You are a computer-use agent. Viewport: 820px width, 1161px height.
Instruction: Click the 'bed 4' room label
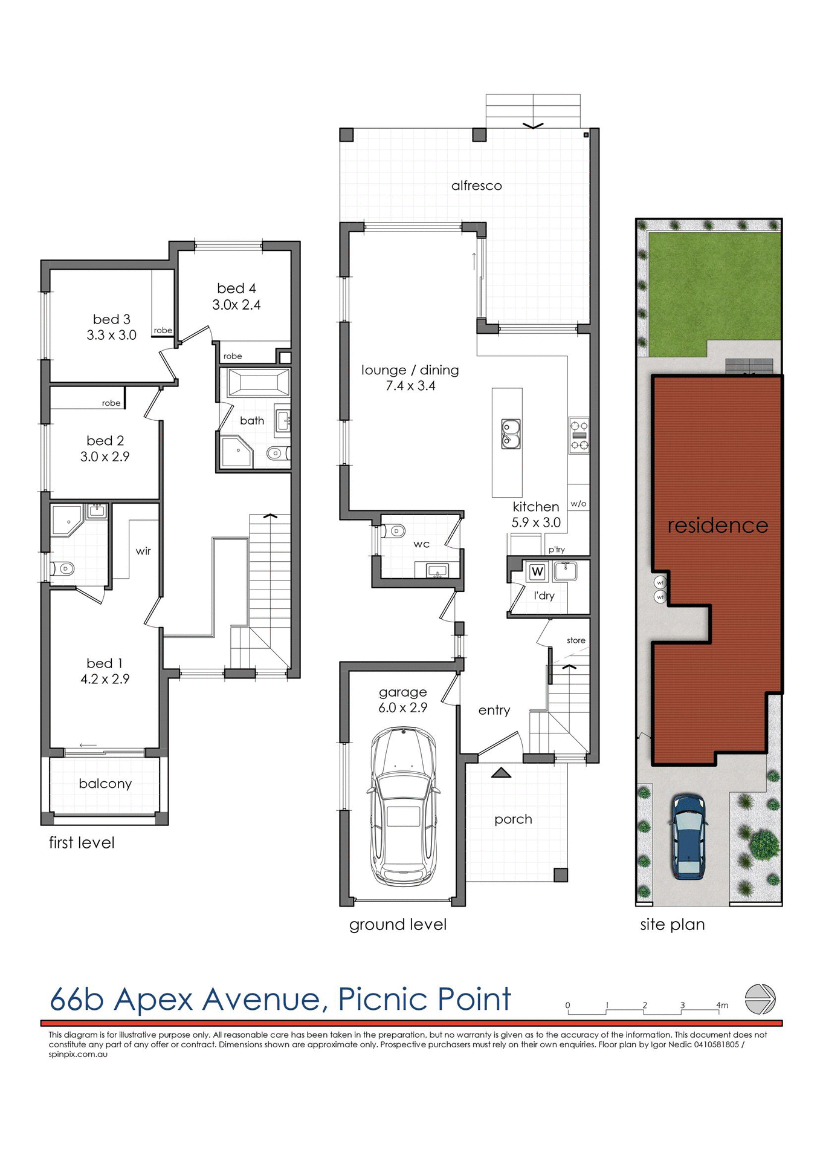click(236, 288)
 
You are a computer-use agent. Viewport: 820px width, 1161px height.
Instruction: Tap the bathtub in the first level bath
click(257, 383)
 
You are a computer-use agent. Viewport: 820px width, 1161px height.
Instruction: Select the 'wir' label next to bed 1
click(143, 551)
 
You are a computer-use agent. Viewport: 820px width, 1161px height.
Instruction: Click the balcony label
click(105, 784)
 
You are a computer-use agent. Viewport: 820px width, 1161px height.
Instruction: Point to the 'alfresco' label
click(476, 186)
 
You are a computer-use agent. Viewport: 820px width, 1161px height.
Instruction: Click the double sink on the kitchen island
click(511, 434)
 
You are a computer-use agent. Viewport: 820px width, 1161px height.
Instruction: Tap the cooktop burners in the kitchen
click(579, 435)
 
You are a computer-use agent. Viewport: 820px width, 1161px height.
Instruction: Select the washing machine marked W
click(537, 571)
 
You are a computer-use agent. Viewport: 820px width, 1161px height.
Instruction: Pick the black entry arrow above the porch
click(501, 772)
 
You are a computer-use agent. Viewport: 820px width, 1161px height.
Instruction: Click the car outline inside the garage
click(402, 807)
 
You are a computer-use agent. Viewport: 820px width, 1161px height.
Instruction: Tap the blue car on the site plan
click(688, 837)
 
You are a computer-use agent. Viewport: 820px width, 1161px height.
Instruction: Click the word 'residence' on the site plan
click(717, 525)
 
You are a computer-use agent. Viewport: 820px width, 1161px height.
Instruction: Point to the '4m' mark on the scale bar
click(722, 1006)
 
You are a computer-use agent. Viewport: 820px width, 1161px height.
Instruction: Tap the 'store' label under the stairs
click(575, 640)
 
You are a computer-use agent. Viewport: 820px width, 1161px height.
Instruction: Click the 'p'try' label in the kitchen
click(557, 550)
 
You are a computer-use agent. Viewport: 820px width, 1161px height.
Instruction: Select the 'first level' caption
click(82, 843)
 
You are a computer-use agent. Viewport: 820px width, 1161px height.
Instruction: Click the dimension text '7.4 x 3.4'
click(410, 386)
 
